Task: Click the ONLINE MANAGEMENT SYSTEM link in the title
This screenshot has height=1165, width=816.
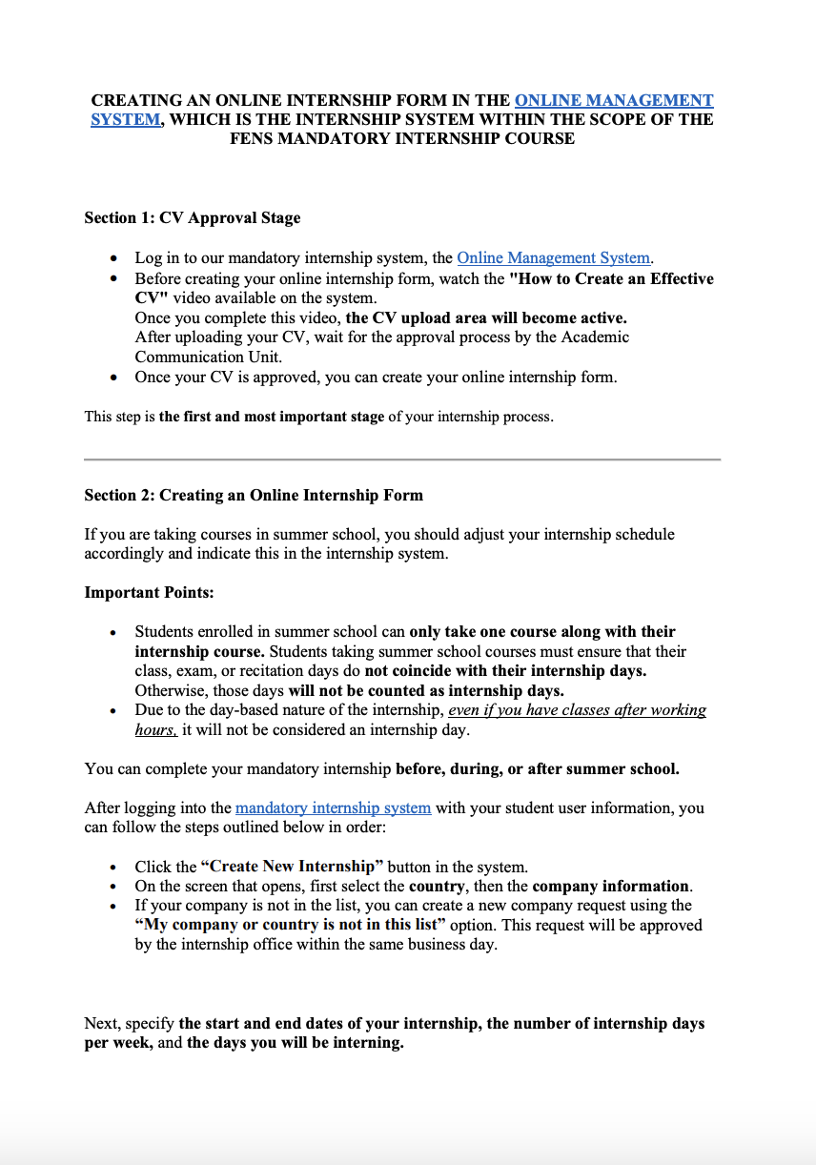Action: point(613,100)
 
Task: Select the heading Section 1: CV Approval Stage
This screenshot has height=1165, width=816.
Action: point(192,218)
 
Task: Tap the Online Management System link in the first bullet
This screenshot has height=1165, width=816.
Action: point(554,257)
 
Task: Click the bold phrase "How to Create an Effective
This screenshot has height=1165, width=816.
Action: point(611,278)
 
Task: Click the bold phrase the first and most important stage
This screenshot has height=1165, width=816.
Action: point(272,417)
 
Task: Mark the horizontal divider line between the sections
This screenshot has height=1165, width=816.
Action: point(402,460)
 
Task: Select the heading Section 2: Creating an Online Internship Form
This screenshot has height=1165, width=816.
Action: point(254,496)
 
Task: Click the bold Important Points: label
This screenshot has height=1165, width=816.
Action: point(150,593)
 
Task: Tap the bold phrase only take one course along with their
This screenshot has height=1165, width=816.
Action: point(541,632)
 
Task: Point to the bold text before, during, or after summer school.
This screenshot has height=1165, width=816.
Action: point(537,768)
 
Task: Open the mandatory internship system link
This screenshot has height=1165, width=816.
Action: point(333,807)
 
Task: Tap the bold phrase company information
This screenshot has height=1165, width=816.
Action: point(610,886)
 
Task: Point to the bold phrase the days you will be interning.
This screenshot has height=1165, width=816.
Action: point(295,1043)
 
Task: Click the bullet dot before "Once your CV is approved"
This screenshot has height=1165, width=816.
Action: point(114,378)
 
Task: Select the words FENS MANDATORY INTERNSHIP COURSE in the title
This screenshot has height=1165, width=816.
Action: point(401,138)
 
